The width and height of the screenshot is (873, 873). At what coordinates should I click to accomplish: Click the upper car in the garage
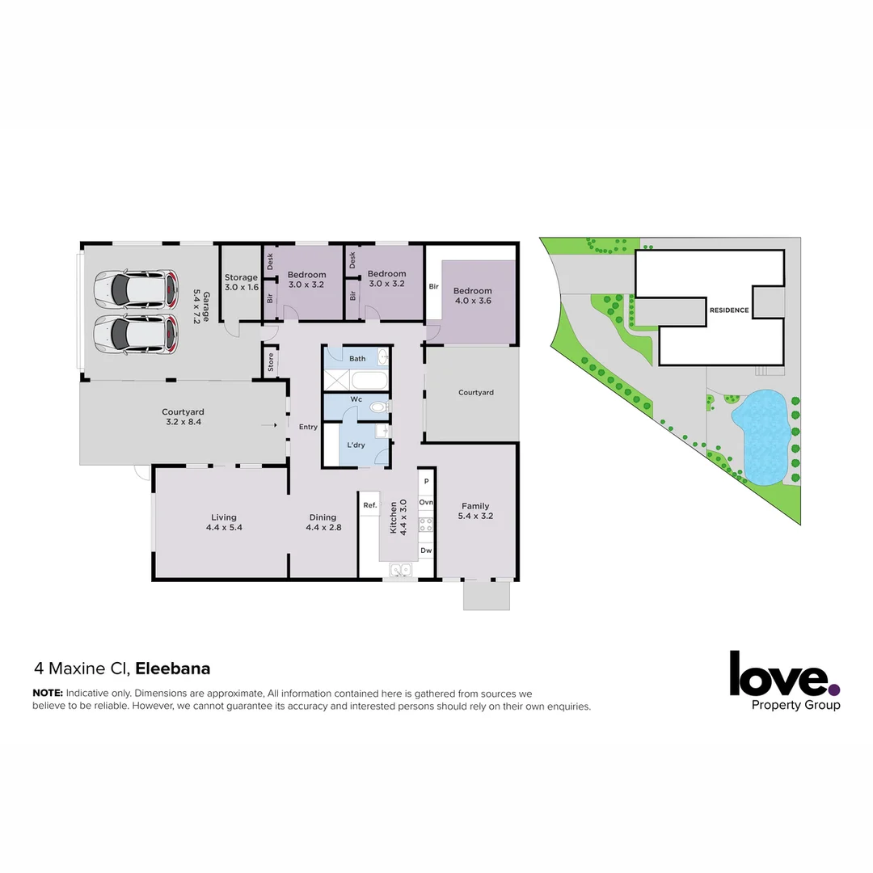pyautogui.click(x=135, y=289)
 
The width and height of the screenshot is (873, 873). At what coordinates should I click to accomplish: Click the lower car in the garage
pyautogui.click(x=135, y=334)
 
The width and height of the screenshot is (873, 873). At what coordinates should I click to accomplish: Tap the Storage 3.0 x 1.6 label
pyautogui.click(x=241, y=282)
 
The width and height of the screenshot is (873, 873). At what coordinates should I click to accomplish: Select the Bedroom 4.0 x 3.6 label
pyautogui.click(x=472, y=296)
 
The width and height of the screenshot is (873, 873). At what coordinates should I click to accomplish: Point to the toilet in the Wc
pyautogui.click(x=377, y=408)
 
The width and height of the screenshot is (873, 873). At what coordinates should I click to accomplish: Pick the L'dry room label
pyautogui.click(x=356, y=445)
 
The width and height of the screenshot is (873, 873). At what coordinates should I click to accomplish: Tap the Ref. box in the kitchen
pyautogui.click(x=370, y=505)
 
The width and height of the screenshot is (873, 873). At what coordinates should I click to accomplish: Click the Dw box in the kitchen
pyautogui.click(x=426, y=550)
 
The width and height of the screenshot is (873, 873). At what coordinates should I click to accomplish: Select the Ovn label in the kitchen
pyautogui.click(x=426, y=502)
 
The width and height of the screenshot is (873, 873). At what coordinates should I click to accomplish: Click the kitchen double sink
pyautogui.click(x=400, y=571)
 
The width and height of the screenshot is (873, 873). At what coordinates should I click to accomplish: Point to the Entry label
pyautogui.click(x=308, y=427)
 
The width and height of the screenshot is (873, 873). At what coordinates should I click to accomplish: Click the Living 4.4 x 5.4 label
pyautogui.click(x=224, y=522)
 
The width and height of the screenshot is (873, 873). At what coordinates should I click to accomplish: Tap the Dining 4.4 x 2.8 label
pyautogui.click(x=323, y=522)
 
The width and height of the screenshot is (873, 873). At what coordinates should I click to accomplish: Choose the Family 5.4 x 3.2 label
pyautogui.click(x=475, y=511)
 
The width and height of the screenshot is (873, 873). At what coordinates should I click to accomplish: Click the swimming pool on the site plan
pyautogui.click(x=761, y=435)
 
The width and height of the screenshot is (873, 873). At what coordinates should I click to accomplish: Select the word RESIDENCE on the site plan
pyautogui.click(x=729, y=310)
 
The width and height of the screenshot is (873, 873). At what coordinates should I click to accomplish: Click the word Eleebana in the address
pyautogui.click(x=173, y=668)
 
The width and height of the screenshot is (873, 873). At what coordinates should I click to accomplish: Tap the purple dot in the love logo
pyautogui.click(x=833, y=690)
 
